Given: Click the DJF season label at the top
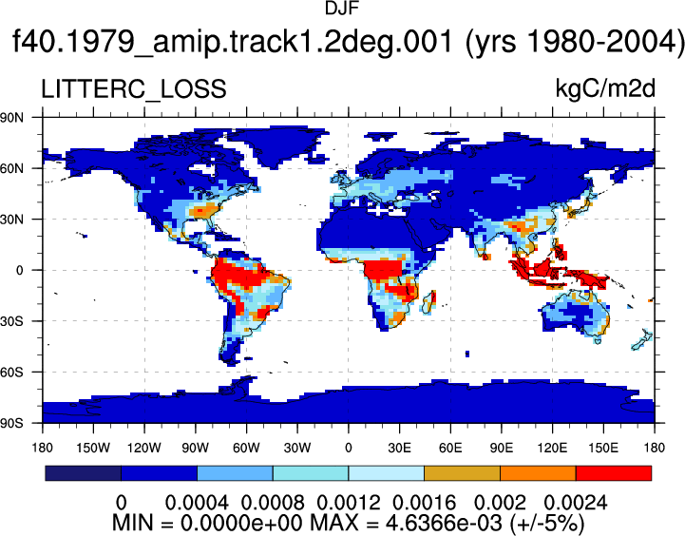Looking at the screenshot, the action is click(x=342, y=8).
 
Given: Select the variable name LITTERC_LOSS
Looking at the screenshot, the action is click(x=134, y=88).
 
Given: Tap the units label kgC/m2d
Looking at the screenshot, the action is click(x=605, y=88).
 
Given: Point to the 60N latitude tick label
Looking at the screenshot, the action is click(x=12, y=168).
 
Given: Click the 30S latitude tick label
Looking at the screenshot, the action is click(x=12, y=321).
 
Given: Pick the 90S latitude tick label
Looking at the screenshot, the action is click(x=12, y=423).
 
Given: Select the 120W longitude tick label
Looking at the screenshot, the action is click(x=144, y=448).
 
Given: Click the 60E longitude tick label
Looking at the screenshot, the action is click(x=450, y=448).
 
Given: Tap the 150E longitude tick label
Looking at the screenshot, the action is click(x=603, y=448).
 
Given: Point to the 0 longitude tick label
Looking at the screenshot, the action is click(x=348, y=448).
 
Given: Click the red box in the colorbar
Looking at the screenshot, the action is click(x=614, y=473).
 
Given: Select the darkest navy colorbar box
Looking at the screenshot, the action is click(x=83, y=473).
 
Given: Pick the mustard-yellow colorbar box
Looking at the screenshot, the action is click(x=462, y=473).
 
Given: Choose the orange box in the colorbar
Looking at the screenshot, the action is click(x=538, y=473).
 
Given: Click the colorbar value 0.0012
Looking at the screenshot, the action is click(x=348, y=503).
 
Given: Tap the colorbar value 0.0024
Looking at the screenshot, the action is click(x=576, y=503).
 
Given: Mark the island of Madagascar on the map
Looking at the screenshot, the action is click(x=429, y=302).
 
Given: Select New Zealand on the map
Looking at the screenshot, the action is click(x=642, y=340).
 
